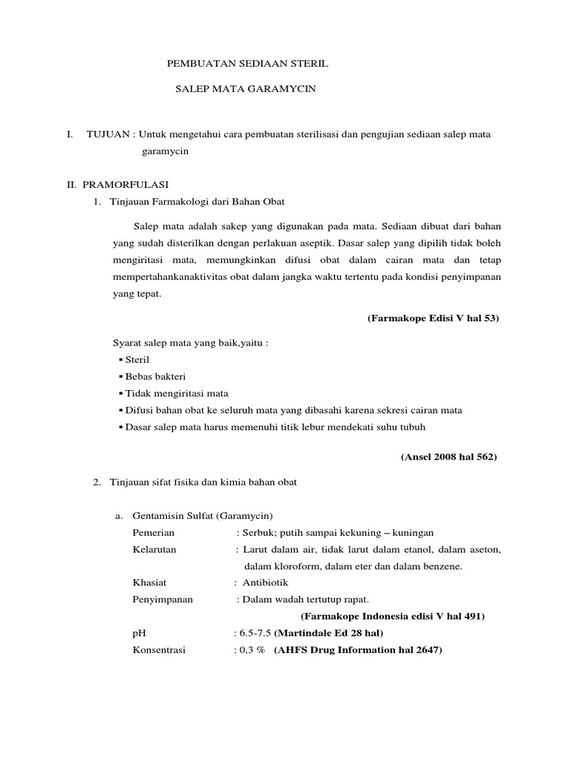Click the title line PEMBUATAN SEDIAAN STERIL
click(246, 65)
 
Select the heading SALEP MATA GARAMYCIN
click(245, 88)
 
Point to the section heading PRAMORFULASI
click(125, 184)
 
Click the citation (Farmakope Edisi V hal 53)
click(433, 318)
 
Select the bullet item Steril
click(138, 359)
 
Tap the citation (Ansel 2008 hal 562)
click(449, 457)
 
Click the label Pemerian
click(153, 533)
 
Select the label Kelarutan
click(155, 550)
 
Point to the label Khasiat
click(149, 583)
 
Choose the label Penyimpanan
click(162, 600)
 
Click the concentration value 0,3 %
click(251, 651)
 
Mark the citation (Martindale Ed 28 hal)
click(331, 634)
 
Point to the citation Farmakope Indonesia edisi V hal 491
click(393, 617)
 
